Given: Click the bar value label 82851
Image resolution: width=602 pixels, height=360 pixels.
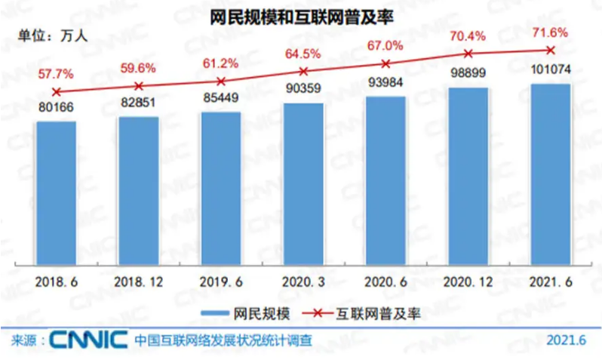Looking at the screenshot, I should [x=139, y=104].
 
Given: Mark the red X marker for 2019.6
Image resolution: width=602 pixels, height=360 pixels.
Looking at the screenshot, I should [x=220, y=81].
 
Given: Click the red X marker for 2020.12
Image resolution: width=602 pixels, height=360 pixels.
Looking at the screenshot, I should [x=468, y=54].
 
